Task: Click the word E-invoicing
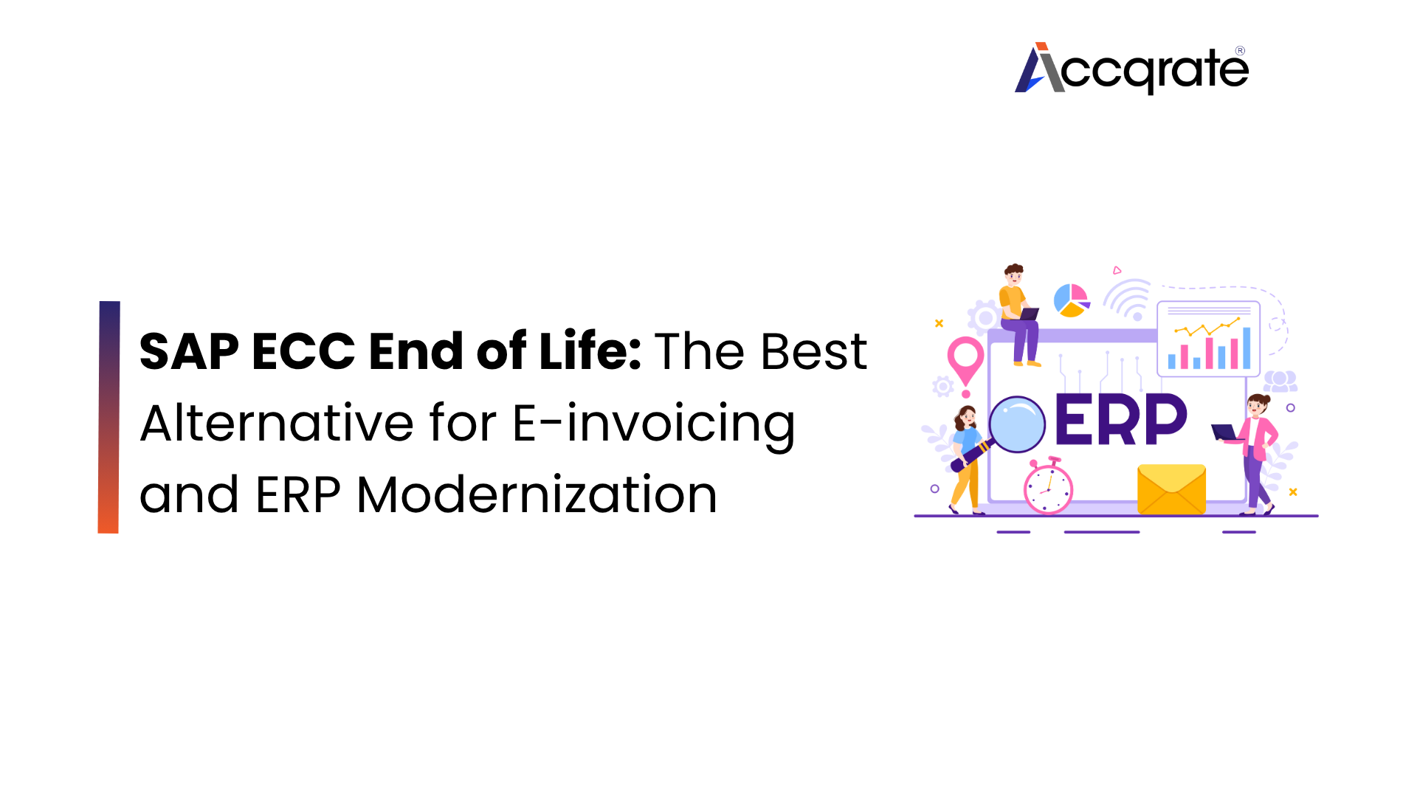pos(654,424)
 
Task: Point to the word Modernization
pos(537,494)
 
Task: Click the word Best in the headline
pos(813,351)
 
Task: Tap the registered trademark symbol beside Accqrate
pos(1240,51)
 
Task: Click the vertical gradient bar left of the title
pos(108,417)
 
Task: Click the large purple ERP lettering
pos(1120,421)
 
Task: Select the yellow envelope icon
pos(1171,489)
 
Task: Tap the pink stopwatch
pos(1048,489)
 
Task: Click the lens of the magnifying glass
pos(1017,424)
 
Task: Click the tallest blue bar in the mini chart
pos(1247,348)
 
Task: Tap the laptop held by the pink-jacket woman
pos(1224,432)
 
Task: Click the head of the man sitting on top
pos(1014,275)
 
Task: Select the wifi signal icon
pos(1128,300)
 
